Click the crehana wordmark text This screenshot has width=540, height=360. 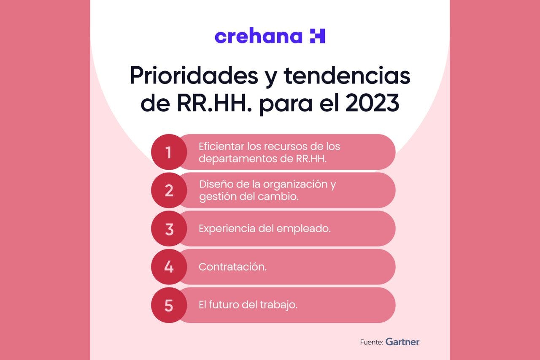tap(258, 36)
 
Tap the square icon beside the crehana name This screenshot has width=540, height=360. tap(317, 36)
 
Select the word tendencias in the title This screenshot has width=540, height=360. tap(347, 76)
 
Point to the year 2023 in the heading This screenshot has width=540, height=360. tap(372, 104)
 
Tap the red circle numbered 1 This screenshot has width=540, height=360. tap(169, 152)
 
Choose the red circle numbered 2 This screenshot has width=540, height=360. tap(169, 190)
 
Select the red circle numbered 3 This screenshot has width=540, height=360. tap(169, 229)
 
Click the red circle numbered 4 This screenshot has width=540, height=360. tap(169, 267)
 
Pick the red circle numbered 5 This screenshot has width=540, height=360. tap(169, 305)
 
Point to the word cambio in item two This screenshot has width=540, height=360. tap(283, 196)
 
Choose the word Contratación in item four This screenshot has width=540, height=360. tap(232, 267)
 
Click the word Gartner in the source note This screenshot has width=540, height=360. tap(402, 342)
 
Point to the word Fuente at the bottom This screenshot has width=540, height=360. tap(371, 342)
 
